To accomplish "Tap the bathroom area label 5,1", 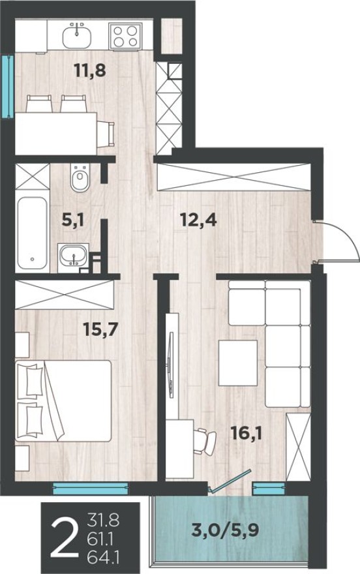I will click(x=71, y=220).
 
